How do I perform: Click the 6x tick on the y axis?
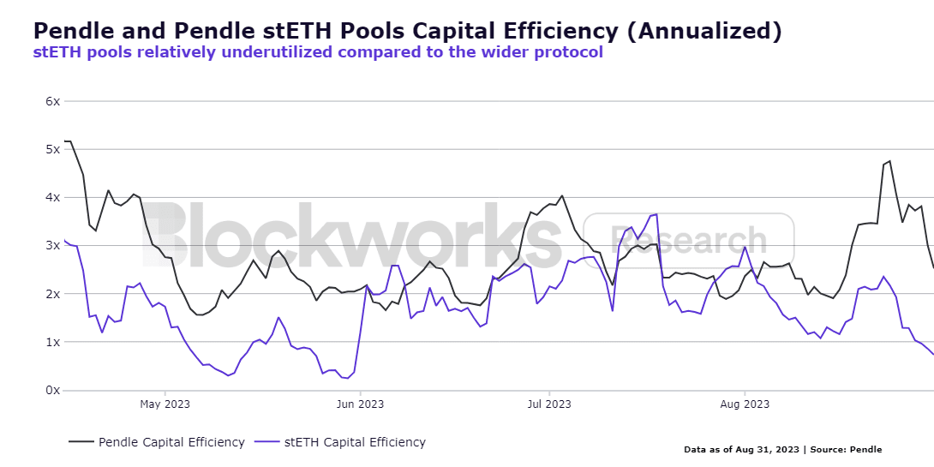click(52, 101)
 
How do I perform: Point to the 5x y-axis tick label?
click(52, 149)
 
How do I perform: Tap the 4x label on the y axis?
click(52, 197)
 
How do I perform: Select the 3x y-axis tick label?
click(52, 245)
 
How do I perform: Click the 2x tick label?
click(52, 294)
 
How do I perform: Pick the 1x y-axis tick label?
click(52, 342)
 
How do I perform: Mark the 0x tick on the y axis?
click(52, 390)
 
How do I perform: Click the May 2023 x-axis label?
click(165, 404)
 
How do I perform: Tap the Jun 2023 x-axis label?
click(360, 404)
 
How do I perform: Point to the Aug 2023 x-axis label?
click(744, 404)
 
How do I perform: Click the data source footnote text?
click(782, 450)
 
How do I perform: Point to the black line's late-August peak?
click(889, 160)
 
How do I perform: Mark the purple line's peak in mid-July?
click(656, 214)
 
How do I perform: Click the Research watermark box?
click(689, 241)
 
